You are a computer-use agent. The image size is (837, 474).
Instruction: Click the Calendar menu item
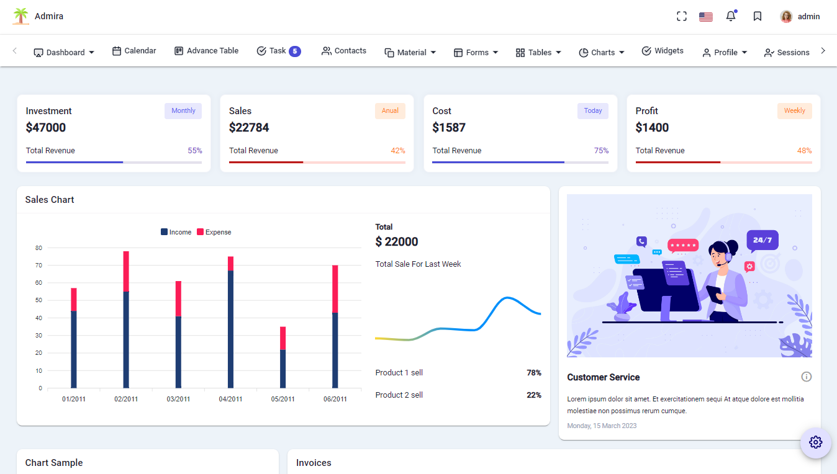click(x=134, y=51)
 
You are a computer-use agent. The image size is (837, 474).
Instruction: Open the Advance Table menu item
click(x=206, y=51)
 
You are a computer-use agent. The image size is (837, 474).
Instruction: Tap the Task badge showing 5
click(x=295, y=51)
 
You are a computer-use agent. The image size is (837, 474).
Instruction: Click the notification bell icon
click(x=731, y=17)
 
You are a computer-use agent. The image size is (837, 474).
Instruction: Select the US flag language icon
click(x=705, y=17)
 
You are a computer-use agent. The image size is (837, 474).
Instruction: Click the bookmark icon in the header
click(x=758, y=17)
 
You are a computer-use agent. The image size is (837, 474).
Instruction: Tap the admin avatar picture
click(x=786, y=17)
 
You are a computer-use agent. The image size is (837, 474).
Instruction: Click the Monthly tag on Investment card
click(x=183, y=111)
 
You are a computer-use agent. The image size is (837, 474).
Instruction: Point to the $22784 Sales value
click(x=249, y=128)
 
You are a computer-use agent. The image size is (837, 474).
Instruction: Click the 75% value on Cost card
click(x=601, y=151)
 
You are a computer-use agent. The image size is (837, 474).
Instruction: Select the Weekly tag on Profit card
click(x=794, y=111)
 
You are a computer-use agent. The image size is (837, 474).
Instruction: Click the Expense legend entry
click(x=214, y=232)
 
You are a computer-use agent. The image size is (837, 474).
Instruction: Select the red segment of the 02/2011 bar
click(x=126, y=271)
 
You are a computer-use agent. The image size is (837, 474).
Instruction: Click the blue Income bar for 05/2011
click(x=283, y=369)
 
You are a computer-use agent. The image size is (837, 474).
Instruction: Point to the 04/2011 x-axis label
click(x=230, y=399)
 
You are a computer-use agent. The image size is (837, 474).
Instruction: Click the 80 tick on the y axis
click(x=38, y=248)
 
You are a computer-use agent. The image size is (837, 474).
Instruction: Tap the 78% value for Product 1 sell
click(x=533, y=373)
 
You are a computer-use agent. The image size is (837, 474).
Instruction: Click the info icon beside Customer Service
click(x=806, y=377)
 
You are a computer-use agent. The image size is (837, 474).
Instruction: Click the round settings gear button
click(x=815, y=442)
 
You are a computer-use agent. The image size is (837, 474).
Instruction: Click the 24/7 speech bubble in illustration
click(x=762, y=240)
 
